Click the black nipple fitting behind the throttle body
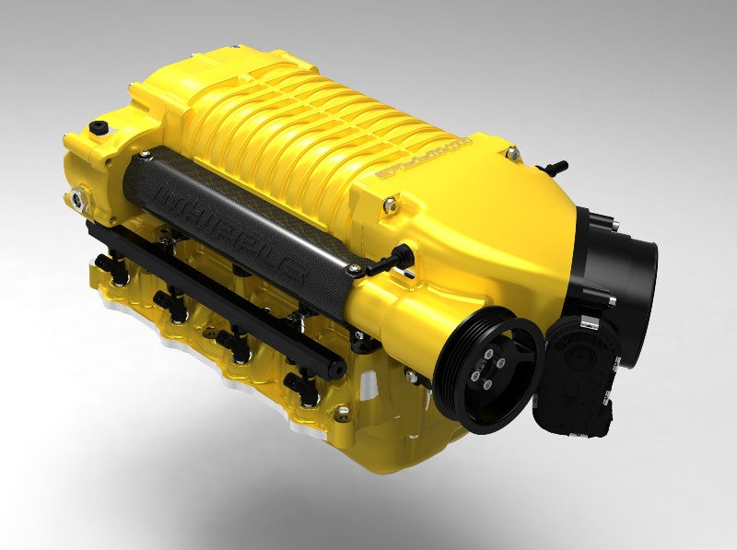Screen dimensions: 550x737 coord(556,168)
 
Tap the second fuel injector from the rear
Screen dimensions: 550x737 coord(171,299)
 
